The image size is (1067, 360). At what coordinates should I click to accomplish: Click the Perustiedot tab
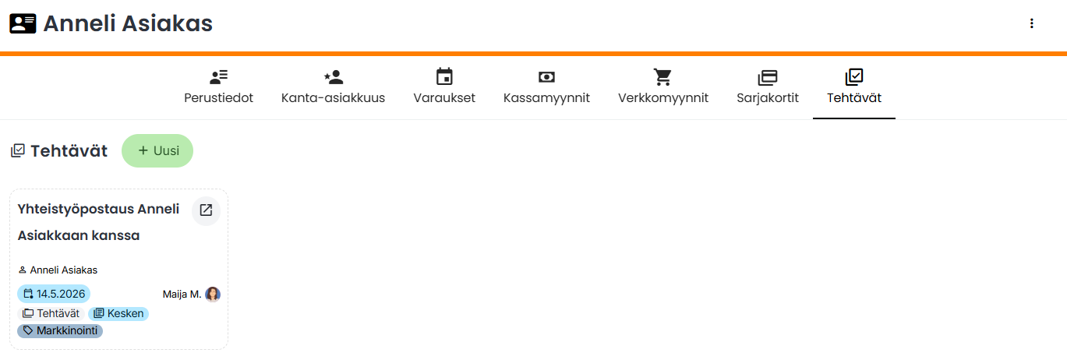click(x=218, y=87)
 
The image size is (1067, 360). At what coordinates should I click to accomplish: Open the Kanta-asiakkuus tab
click(x=333, y=87)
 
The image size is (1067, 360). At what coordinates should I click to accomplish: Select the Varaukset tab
click(x=444, y=87)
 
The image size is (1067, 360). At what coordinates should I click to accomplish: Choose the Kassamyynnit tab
click(x=546, y=87)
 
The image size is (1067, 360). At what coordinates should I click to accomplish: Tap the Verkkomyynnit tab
click(x=663, y=87)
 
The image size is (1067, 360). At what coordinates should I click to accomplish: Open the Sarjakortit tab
click(x=768, y=87)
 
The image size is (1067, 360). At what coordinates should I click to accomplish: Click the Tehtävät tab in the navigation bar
click(x=854, y=87)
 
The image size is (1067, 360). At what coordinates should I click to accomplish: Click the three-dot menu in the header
click(x=1031, y=23)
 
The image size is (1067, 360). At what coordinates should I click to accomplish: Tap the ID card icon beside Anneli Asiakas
click(x=23, y=23)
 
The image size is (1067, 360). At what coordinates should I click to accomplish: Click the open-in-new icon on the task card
click(x=206, y=210)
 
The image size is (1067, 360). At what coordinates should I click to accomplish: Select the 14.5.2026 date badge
click(x=54, y=294)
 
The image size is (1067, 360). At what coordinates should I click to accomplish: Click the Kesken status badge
click(x=118, y=313)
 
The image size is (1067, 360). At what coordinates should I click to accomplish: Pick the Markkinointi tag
click(x=60, y=330)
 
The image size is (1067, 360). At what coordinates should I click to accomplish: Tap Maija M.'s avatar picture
click(x=213, y=295)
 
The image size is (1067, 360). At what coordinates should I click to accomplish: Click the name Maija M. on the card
click(x=182, y=295)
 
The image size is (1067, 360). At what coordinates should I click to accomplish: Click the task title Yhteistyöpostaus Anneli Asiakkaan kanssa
click(x=98, y=222)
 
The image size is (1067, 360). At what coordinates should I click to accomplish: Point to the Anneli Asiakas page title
click(x=128, y=23)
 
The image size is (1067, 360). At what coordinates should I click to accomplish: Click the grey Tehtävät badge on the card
click(x=51, y=313)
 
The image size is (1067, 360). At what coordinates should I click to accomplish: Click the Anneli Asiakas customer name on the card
click(x=63, y=270)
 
